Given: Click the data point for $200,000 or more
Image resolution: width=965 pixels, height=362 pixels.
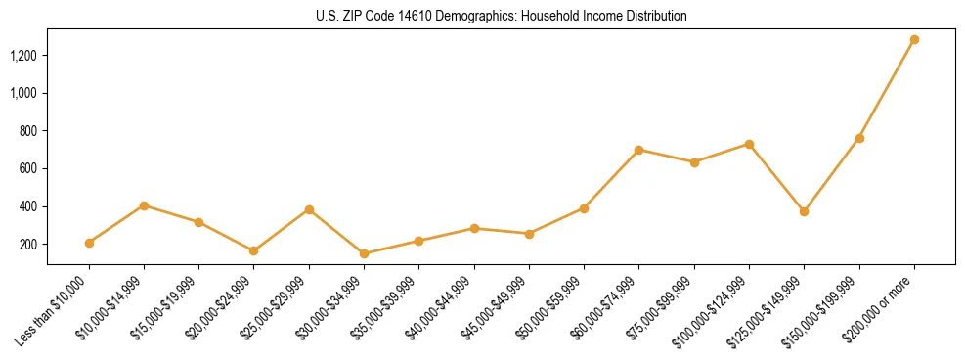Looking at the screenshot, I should pyautogui.click(x=914, y=40).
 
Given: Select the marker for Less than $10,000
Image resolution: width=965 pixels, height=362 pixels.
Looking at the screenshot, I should pyautogui.click(x=89, y=243).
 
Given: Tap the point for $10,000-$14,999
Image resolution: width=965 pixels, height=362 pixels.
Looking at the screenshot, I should pyautogui.click(x=144, y=205).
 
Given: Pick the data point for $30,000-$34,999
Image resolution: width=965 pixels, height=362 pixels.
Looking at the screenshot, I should pyautogui.click(x=364, y=253).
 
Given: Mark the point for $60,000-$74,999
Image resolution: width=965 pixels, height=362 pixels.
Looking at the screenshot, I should pyautogui.click(x=638, y=150).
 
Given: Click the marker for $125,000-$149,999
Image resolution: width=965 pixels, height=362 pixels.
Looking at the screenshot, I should pyautogui.click(x=804, y=211).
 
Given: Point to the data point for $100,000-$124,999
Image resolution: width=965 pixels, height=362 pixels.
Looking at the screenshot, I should pyautogui.click(x=749, y=144).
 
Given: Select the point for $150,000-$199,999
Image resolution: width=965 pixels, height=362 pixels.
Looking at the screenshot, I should pyautogui.click(x=859, y=138).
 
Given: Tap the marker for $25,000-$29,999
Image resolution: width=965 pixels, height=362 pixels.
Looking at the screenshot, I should pyautogui.click(x=309, y=209).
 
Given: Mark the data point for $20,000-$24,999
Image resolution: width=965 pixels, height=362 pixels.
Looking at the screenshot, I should pyautogui.click(x=254, y=250).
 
